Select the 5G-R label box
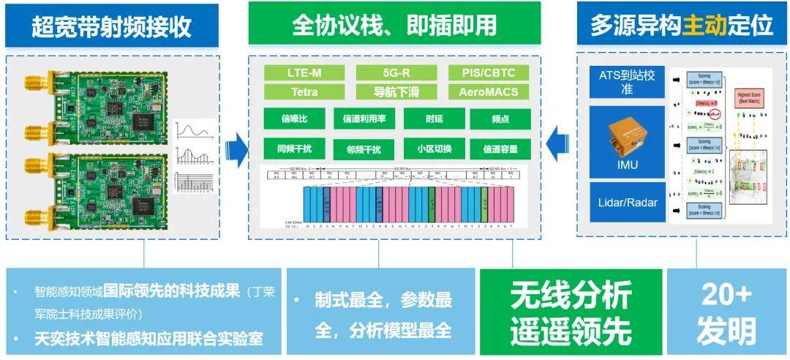tap(396, 72)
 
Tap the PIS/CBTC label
tap(489, 72)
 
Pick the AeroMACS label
tap(489, 92)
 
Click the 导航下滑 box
tap(396, 92)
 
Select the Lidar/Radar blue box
tap(627, 201)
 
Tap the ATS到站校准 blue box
tap(627, 81)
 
